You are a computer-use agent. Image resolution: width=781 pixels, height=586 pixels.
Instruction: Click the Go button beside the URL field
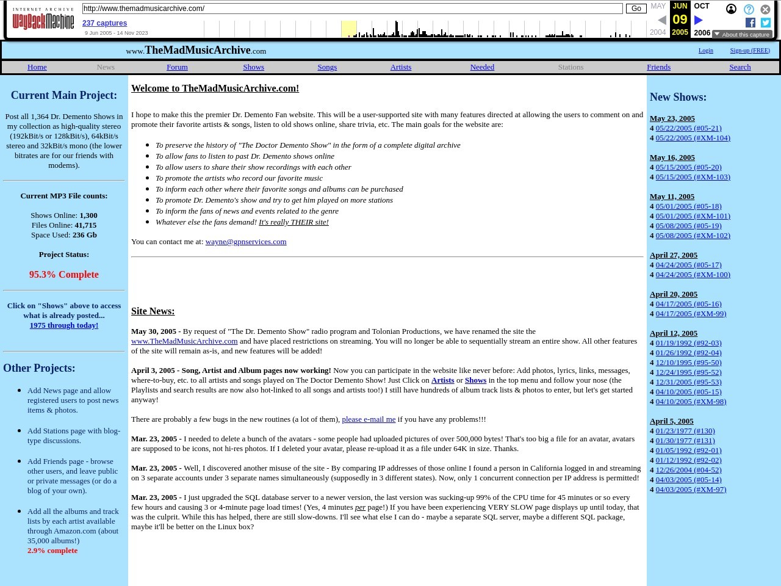click(636, 9)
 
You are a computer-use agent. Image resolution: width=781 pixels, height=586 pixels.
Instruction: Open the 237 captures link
click(104, 23)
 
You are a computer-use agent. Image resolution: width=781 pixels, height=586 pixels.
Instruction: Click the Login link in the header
click(705, 50)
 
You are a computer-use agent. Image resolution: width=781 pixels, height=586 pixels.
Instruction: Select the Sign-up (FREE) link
click(750, 50)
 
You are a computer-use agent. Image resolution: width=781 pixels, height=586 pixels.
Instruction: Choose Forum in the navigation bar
click(177, 67)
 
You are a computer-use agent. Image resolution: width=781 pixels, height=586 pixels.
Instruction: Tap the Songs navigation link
click(327, 67)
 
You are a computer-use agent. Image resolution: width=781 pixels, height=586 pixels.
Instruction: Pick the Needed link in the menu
click(482, 67)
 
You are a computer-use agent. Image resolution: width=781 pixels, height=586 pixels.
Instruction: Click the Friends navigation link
click(658, 67)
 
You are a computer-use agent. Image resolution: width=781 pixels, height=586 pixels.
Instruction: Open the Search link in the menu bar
click(740, 67)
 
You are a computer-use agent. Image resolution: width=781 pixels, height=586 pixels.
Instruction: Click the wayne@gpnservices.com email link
click(246, 242)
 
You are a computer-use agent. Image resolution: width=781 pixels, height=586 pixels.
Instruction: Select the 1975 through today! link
click(64, 325)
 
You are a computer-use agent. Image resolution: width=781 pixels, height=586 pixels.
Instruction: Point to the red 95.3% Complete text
click(64, 275)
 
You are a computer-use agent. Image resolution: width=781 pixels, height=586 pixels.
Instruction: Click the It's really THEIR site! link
click(293, 222)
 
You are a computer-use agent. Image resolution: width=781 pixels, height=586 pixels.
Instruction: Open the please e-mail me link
click(369, 419)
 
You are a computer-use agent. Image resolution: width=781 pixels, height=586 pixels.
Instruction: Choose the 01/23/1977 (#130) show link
click(685, 431)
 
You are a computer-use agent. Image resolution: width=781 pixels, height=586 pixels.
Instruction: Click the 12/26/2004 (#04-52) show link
click(688, 470)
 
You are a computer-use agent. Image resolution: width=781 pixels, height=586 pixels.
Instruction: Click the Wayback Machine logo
click(43, 19)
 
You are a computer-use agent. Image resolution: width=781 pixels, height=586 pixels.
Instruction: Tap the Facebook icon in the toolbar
click(750, 23)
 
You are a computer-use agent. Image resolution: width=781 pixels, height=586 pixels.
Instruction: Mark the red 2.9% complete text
click(52, 551)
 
